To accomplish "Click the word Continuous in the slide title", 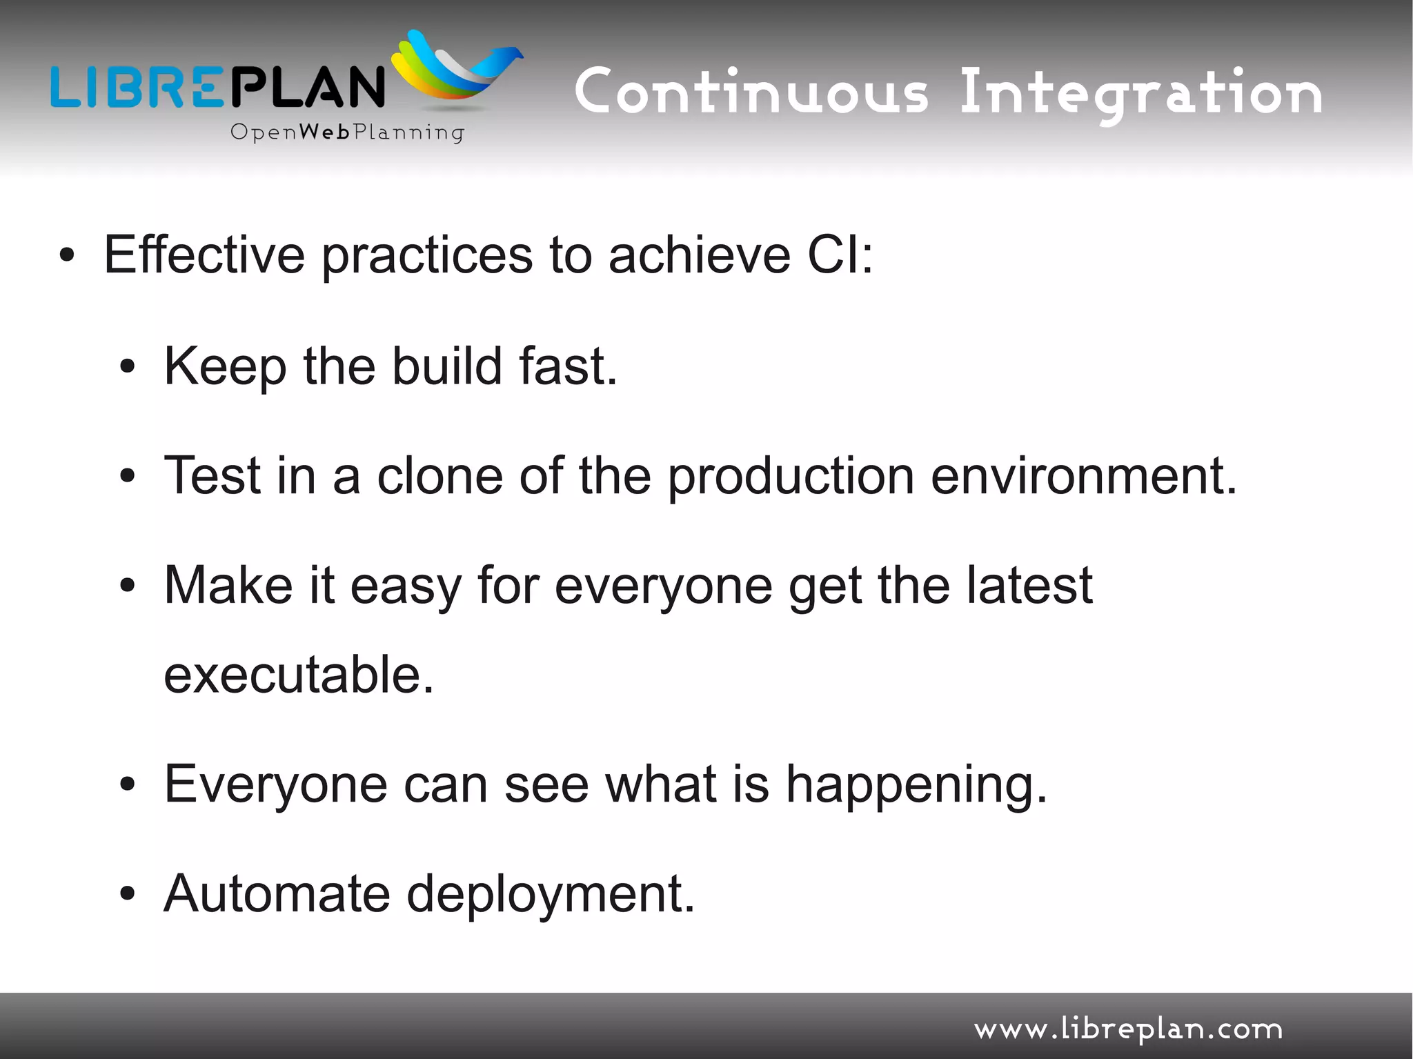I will (751, 92).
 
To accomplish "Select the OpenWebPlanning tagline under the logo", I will (347, 132).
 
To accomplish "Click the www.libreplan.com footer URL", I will (1128, 1029).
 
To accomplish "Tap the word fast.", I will (568, 366).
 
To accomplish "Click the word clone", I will (439, 476).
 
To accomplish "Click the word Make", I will (228, 585).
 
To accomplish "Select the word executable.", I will (299, 674).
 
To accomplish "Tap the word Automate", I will (277, 893).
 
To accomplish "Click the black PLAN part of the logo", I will (306, 86).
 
